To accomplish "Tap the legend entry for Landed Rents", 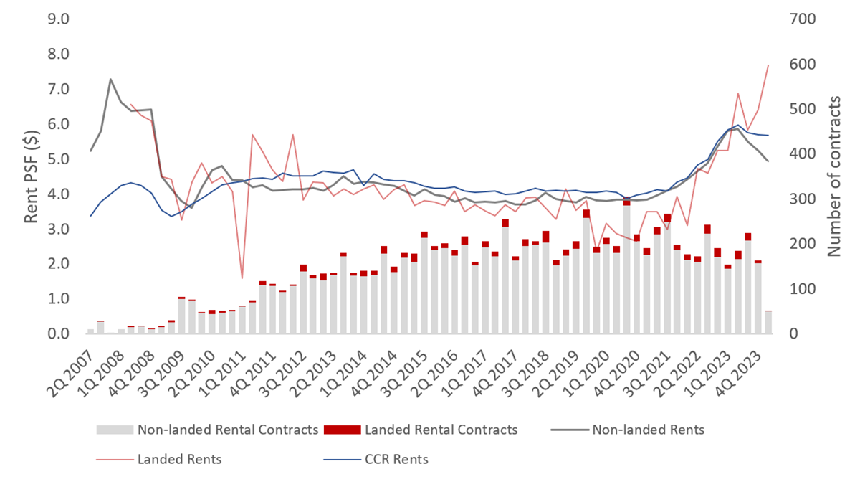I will [179, 459].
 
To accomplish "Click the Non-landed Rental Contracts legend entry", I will [227, 430].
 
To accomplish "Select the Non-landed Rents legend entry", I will [647, 430].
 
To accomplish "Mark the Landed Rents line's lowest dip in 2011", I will [242, 278].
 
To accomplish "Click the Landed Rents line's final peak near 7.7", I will [768, 65].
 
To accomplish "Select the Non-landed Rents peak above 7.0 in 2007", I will [110, 79].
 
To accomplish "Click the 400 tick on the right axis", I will [801, 154].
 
